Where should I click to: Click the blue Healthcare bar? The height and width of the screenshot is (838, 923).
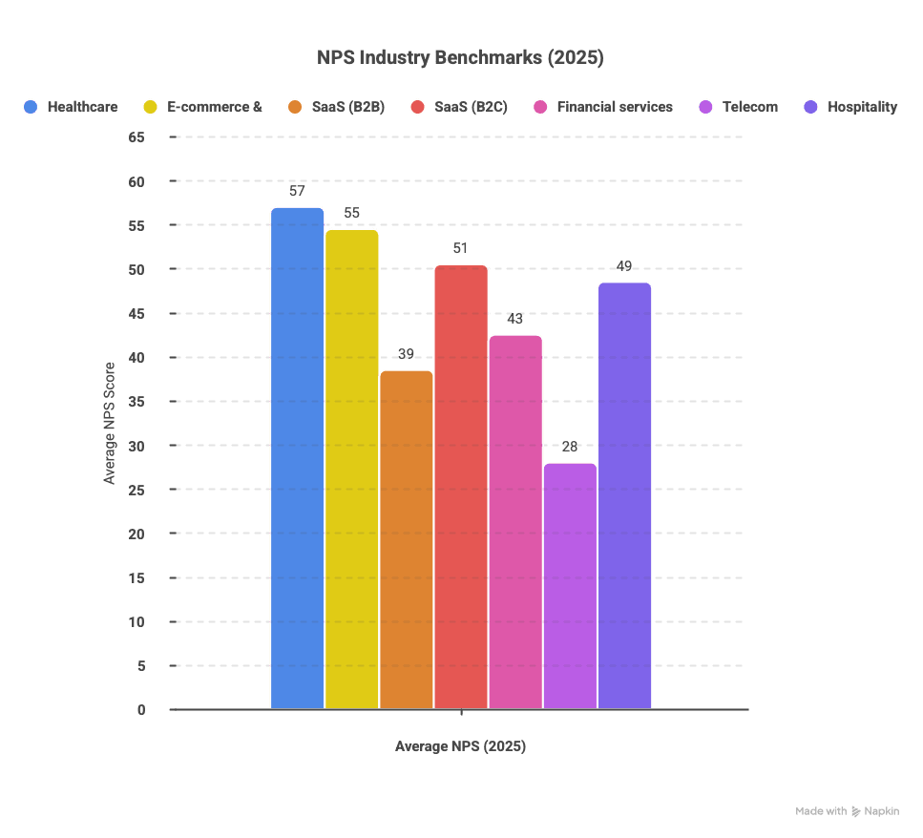pos(297,458)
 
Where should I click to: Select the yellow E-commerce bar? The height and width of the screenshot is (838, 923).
pos(352,469)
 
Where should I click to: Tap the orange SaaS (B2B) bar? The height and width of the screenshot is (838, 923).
pos(407,539)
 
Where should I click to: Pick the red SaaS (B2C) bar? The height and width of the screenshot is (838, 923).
pos(461,487)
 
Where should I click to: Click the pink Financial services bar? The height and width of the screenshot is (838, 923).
pos(515,521)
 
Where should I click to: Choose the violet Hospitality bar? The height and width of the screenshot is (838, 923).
pos(625,495)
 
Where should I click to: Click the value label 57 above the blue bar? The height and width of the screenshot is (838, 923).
pos(297,191)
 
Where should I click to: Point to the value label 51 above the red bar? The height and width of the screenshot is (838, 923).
pos(461,248)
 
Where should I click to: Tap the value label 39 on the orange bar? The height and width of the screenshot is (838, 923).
pos(407,354)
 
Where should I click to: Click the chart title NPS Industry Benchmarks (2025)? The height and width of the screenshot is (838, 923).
pos(461,58)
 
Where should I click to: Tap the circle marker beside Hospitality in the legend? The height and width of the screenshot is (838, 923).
pos(811,107)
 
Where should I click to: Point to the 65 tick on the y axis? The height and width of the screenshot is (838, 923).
pos(136,137)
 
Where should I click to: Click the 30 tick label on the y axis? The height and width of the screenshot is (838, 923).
pos(136,446)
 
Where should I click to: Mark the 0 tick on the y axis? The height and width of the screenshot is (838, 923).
pos(141,710)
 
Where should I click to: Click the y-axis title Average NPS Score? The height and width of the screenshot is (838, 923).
pos(110,423)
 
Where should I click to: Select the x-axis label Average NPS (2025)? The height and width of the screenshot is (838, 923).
pos(461,746)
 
